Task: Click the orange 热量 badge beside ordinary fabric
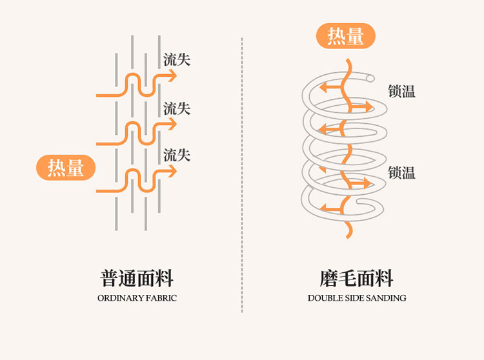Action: tap(66, 168)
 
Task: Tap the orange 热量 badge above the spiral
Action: tap(345, 35)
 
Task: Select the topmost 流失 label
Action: tap(177, 59)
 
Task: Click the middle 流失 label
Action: tap(177, 108)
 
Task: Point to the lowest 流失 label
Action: tap(177, 155)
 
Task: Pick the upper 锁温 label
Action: tap(401, 92)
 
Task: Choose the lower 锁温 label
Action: tap(401, 172)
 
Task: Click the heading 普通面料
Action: tap(137, 278)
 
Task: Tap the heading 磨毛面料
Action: tap(356, 278)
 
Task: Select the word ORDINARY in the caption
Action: tap(121, 298)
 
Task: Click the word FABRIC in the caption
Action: tap(161, 298)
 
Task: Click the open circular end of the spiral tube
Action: tap(370, 78)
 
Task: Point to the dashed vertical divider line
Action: tap(242, 175)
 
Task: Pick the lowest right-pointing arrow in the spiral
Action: tap(360, 183)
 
